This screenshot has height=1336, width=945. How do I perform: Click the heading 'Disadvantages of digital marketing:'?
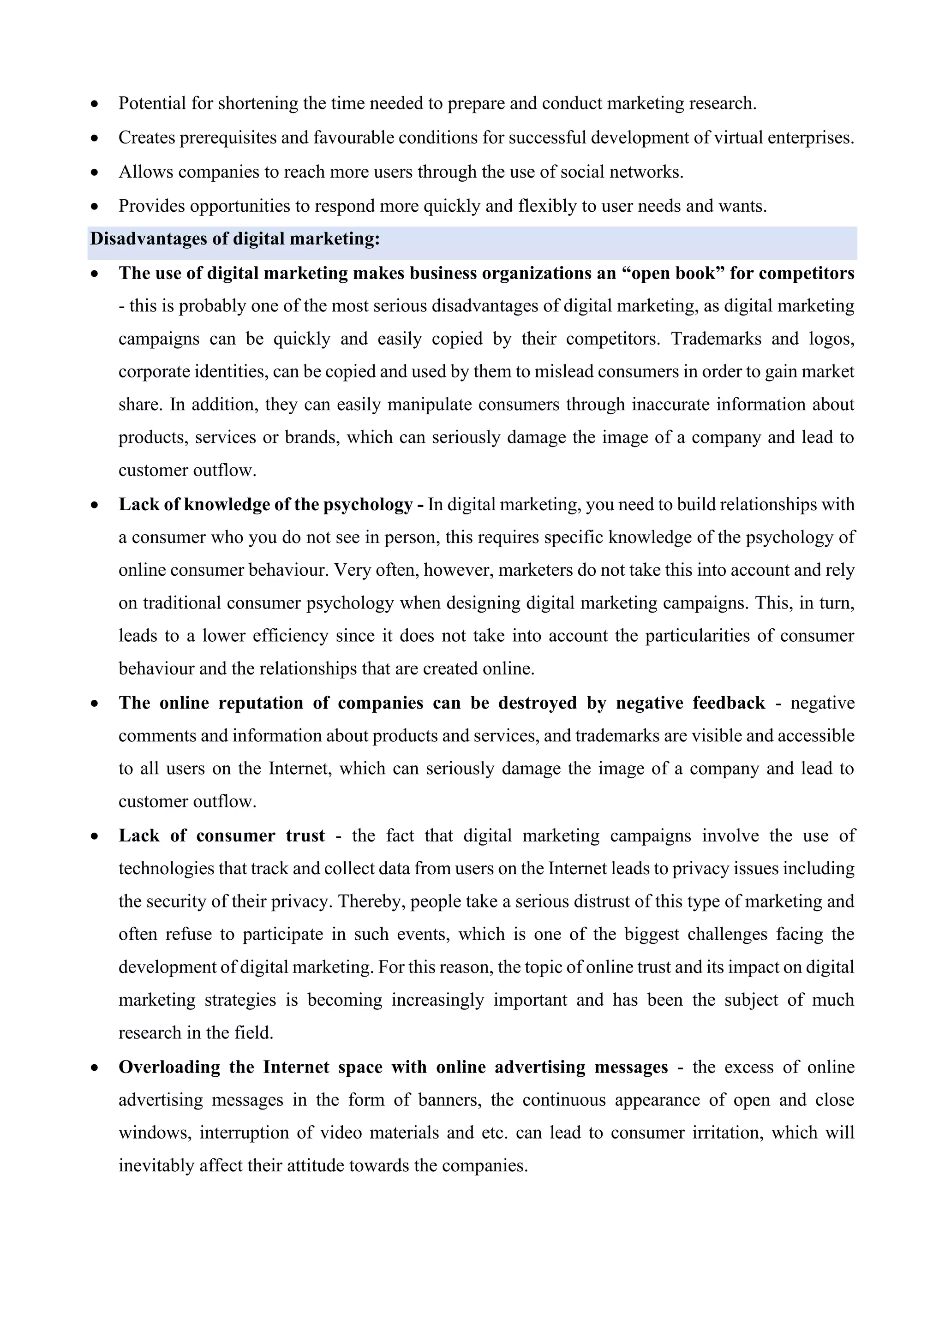234,239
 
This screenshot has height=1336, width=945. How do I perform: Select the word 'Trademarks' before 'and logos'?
716,339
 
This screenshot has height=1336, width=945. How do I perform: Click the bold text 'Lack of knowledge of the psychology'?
266,505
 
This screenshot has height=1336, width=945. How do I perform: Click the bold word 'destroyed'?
537,704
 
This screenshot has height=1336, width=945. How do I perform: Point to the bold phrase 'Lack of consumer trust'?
221,836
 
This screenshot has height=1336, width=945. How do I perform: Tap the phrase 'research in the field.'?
196,1033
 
